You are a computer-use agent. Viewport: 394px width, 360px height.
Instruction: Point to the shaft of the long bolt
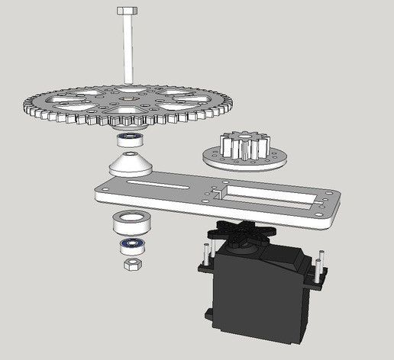coord(126,46)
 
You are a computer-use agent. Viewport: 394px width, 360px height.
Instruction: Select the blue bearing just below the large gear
coord(131,140)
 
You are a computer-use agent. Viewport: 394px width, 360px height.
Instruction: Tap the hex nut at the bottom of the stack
coord(131,263)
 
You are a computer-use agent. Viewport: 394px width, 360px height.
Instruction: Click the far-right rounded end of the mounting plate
coord(337,210)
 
